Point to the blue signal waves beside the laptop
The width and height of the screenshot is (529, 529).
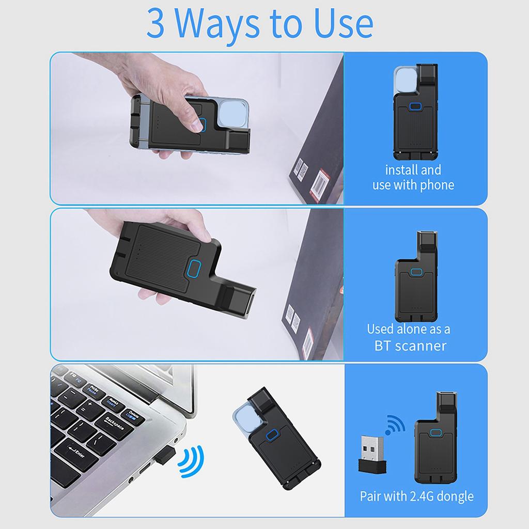(191, 461)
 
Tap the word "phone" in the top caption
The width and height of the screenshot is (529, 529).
(437, 184)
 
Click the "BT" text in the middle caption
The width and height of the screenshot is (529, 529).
(383, 345)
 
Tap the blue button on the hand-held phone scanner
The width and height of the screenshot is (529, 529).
(203, 125)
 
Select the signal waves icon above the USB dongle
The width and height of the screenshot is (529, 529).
(395, 424)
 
